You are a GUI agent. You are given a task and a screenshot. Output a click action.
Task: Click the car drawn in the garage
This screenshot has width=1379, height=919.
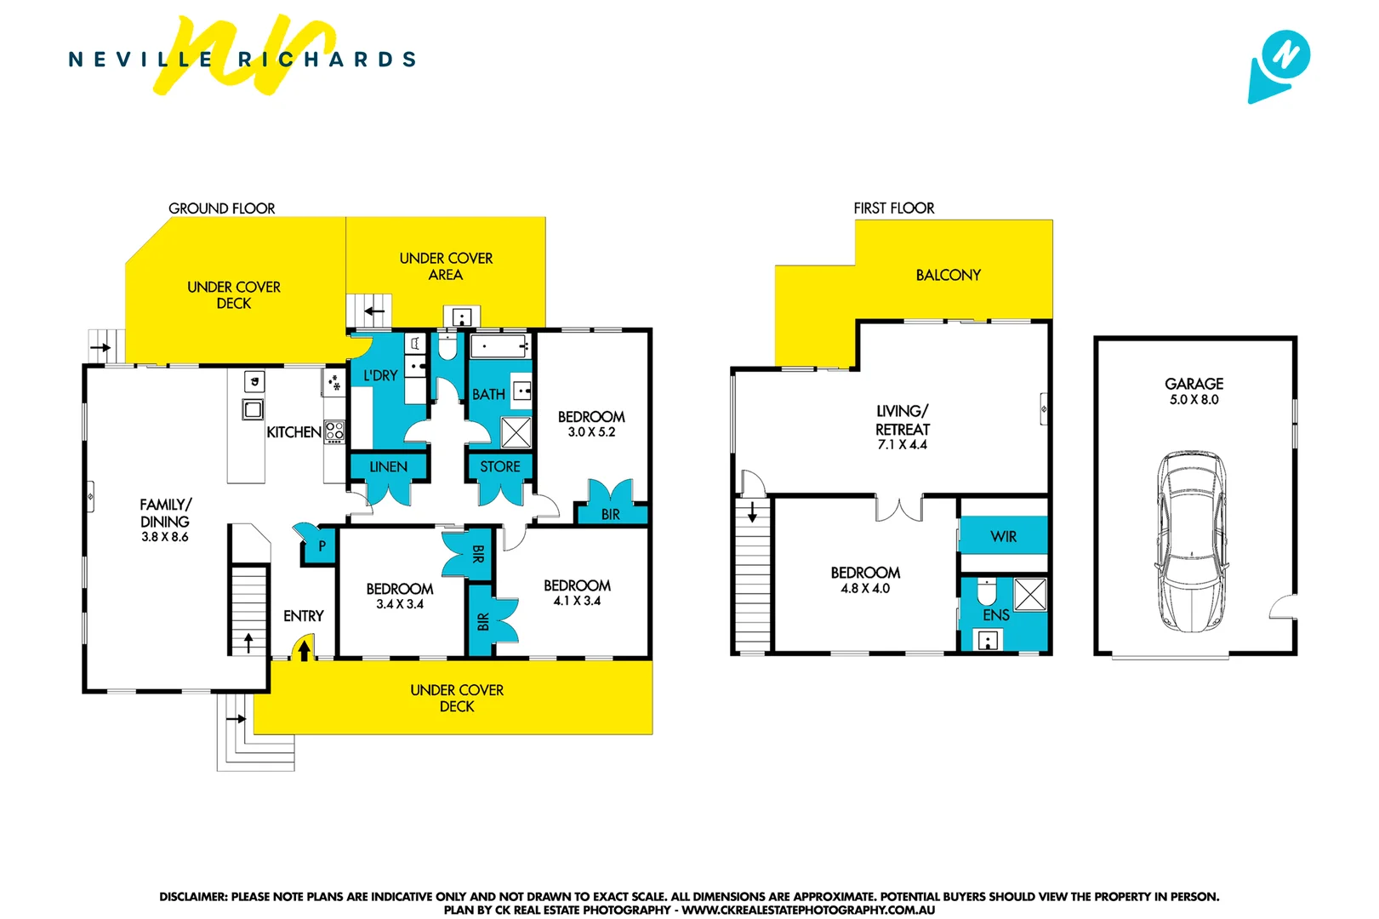pyautogui.click(x=1192, y=541)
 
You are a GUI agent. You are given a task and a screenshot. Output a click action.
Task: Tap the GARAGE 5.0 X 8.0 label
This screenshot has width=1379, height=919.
pyautogui.click(x=1194, y=391)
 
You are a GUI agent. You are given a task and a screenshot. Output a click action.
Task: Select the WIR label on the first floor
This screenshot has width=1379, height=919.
pyautogui.click(x=1003, y=537)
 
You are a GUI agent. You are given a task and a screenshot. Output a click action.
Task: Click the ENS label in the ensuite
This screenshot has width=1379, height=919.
pyautogui.click(x=995, y=615)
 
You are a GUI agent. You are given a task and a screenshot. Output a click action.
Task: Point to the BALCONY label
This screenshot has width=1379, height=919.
pyautogui.click(x=948, y=275)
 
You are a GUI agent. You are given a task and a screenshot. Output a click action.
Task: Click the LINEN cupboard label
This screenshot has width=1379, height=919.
pyautogui.click(x=388, y=467)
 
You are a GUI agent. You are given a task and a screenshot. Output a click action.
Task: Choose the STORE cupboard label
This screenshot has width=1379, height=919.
pyautogui.click(x=499, y=467)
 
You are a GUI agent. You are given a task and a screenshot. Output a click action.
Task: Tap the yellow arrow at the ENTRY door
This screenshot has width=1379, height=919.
pyautogui.click(x=304, y=651)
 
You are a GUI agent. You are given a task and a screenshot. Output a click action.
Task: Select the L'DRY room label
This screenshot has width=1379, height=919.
pyautogui.click(x=380, y=375)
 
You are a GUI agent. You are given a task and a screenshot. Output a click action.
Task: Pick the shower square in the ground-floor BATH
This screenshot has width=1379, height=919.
pyautogui.click(x=516, y=432)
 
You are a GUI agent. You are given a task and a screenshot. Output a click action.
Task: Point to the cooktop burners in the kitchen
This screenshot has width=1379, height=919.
pyautogui.click(x=334, y=431)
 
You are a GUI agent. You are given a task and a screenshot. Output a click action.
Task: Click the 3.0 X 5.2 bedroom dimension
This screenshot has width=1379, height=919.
pyautogui.click(x=591, y=432)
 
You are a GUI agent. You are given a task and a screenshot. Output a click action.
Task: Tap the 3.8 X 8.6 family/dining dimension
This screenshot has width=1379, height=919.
pyautogui.click(x=165, y=537)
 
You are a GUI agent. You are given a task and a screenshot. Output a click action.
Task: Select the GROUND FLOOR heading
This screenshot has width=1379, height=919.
pyautogui.click(x=221, y=208)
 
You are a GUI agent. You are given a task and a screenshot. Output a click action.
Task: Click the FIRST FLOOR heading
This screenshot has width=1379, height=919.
pyautogui.click(x=893, y=208)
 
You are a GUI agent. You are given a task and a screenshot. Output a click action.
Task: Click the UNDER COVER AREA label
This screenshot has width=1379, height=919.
pyautogui.click(x=446, y=266)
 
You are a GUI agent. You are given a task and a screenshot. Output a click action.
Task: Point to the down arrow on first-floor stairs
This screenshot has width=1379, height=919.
pyautogui.click(x=752, y=513)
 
